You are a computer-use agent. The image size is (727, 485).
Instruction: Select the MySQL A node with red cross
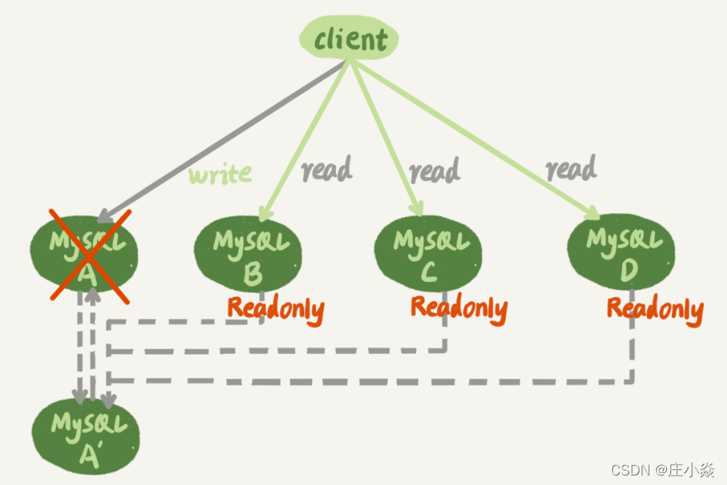pos(85,253)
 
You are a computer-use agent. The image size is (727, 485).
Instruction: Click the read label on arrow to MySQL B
pos(326,169)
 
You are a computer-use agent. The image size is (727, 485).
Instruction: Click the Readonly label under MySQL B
pos(276,308)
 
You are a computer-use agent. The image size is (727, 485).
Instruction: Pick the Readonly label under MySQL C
pos(458,307)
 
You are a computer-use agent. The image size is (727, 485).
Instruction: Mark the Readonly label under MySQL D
pos(655,309)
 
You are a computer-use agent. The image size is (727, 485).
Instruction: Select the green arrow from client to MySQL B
pos(305,142)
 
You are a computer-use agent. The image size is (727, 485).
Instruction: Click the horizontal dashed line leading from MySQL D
pos(371,382)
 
